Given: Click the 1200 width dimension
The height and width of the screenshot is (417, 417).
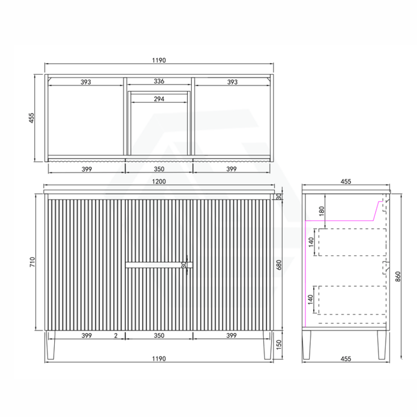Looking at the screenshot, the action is coord(159,181).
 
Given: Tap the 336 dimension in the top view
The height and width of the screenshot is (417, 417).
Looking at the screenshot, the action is coord(159,81).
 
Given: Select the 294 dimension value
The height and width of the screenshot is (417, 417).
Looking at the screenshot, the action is coord(159,99).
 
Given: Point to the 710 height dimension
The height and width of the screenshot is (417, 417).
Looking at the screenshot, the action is coord(32,262).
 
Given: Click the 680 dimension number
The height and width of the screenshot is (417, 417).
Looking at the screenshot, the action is coord(279,265).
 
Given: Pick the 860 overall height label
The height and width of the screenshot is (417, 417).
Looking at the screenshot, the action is coord(398,277).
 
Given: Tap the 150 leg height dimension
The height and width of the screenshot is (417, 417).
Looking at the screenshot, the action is coord(279,345).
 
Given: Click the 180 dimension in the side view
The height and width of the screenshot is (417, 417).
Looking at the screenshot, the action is coord(322,211).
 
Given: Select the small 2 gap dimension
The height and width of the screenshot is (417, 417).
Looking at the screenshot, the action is coord(116,335).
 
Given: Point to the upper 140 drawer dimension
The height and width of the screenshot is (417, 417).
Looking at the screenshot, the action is coord(311,242).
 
